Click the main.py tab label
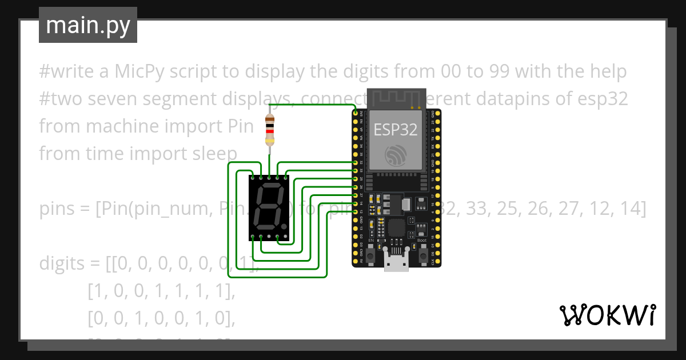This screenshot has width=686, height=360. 87,25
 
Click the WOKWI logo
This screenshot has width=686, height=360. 607,315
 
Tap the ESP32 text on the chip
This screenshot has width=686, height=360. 396,130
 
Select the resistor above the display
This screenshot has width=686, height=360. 270,130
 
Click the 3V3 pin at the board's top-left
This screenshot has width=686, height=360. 356,113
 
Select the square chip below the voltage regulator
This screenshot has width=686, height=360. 396,227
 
